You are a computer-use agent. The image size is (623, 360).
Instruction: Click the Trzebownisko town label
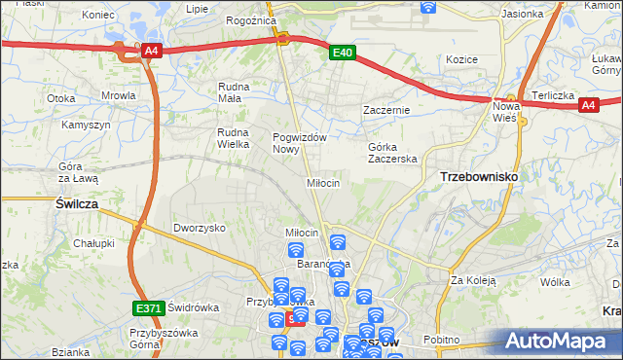pos(479,177)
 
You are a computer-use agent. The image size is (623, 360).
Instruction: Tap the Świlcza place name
pos(74,203)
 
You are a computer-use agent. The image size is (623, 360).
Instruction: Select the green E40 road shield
pos(341,54)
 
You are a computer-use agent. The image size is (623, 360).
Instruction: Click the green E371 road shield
pos(148,308)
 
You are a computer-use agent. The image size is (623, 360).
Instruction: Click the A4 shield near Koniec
pos(150,52)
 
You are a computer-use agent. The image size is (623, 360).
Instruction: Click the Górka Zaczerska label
pos(392,152)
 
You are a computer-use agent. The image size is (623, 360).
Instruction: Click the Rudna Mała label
pos(235,91)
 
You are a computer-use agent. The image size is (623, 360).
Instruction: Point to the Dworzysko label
pos(200,228)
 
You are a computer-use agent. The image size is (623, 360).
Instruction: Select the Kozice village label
pos(461,59)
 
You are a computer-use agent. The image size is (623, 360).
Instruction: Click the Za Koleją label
pos(473,280)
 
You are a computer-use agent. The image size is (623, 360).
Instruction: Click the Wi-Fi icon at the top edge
pos(427,6)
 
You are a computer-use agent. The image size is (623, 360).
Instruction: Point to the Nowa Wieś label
pos(506,111)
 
